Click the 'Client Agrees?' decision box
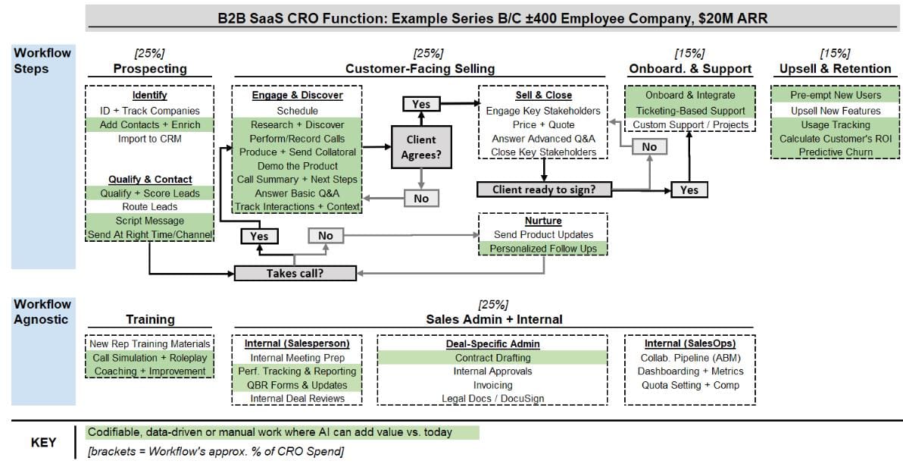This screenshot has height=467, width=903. tap(420, 146)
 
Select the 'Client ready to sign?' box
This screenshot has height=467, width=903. tap(543, 190)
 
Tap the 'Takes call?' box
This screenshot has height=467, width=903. tap(295, 273)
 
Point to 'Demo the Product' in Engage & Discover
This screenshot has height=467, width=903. tap(296, 166)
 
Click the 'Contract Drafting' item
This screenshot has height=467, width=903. tap(493, 358)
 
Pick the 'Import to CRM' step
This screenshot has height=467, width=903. tap(149, 139)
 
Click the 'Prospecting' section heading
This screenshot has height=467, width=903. tap(150, 69)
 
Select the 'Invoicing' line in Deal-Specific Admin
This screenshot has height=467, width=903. tap(493, 385)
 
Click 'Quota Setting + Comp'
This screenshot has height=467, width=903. tap(690, 385)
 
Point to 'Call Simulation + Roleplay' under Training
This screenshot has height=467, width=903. tap(149, 358)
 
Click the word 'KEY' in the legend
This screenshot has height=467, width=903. tap(43, 443)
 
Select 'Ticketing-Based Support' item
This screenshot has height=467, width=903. tap(690, 111)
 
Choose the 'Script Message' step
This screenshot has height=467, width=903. tap(149, 221)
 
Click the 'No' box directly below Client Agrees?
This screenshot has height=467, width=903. tap(421, 198)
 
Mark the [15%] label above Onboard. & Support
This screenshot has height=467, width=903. tap(689, 53)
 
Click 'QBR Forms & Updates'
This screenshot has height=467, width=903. tap(296, 385)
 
